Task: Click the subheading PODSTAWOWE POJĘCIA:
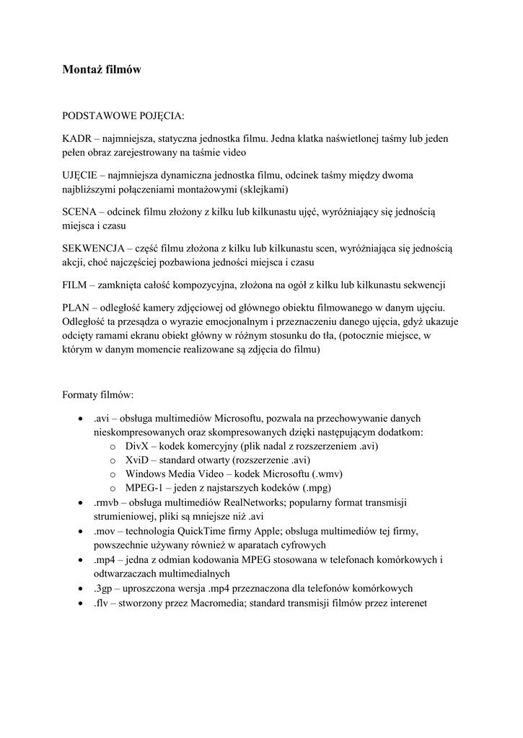pyautogui.click(x=123, y=115)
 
